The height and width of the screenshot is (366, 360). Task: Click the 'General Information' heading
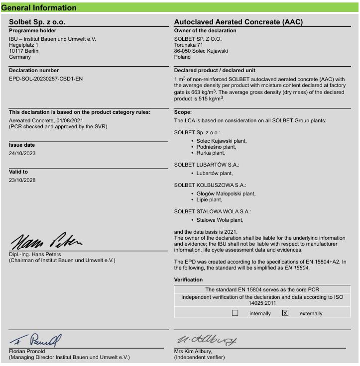[39, 7]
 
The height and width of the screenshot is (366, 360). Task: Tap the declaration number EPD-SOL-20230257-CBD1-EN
[46, 79]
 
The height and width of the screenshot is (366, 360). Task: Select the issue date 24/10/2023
[22, 153]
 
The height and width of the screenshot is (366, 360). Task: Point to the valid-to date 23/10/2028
[22, 180]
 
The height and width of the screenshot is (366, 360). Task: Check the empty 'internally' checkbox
[235, 313]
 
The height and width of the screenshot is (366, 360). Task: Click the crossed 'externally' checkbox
[285, 313]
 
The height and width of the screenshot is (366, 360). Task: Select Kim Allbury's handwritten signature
[207, 341]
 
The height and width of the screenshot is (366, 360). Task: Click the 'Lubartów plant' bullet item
[215, 173]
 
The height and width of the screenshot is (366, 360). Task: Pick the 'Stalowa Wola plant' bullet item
[220, 219]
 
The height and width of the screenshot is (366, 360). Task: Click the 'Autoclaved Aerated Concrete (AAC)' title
[238, 22]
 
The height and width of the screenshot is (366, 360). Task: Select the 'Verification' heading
[188, 279]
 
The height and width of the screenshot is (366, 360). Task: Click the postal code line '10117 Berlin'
[23, 51]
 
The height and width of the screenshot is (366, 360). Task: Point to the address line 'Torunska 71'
[188, 45]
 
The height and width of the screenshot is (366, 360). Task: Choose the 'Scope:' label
[183, 112]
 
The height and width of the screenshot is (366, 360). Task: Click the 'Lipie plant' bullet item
[209, 199]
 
